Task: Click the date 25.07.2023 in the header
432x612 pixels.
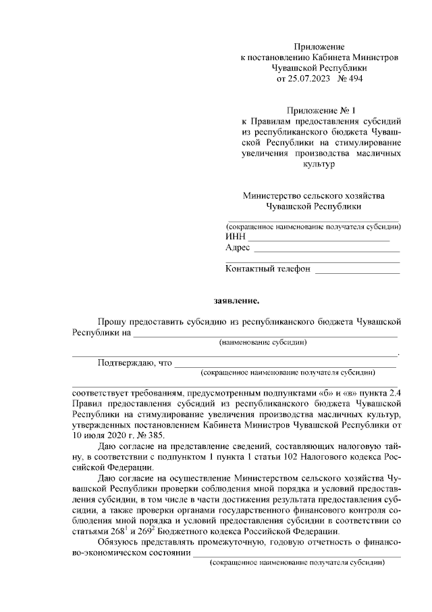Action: point(312,79)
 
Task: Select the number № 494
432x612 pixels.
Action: point(353,79)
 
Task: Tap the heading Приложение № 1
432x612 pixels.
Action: point(319,110)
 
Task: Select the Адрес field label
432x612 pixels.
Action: point(238,248)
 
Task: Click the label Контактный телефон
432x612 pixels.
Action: point(268,268)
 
